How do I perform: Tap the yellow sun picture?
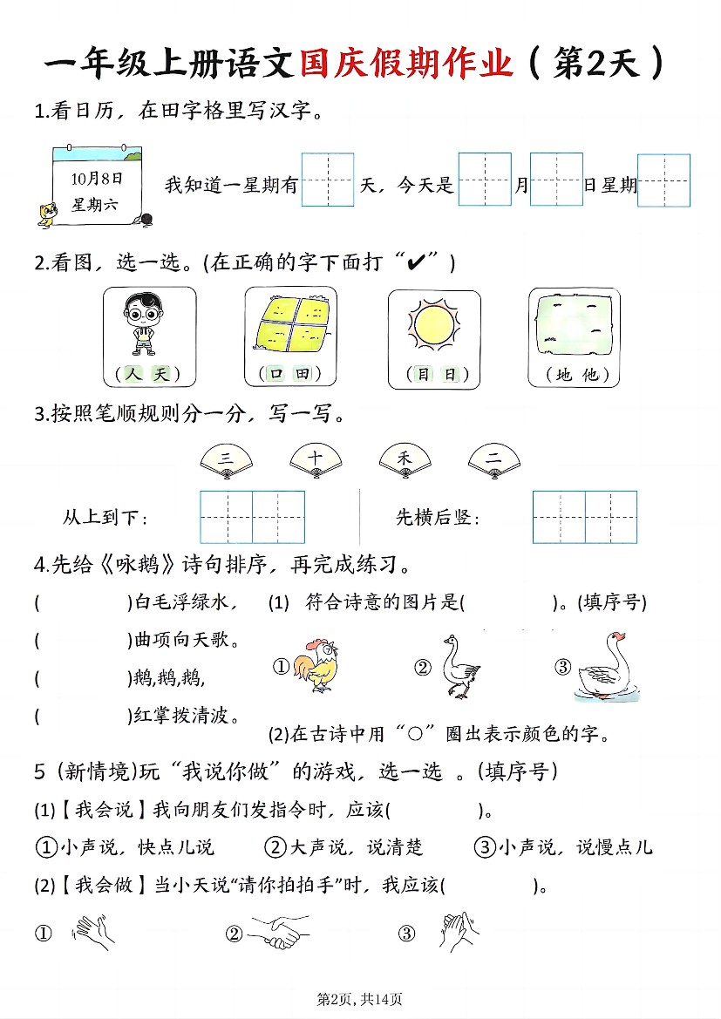pos(434,324)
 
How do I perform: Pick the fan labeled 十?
pos(316,459)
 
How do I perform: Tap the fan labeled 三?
pos(227,459)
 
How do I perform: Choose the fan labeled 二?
pos(494,459)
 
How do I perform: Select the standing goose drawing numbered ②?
pos(459,667)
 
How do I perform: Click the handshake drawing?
pos(274,933)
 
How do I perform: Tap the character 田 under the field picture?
pos(302,375)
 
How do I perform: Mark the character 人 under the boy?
pos(133,375)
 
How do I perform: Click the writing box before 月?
pos(484,180)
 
